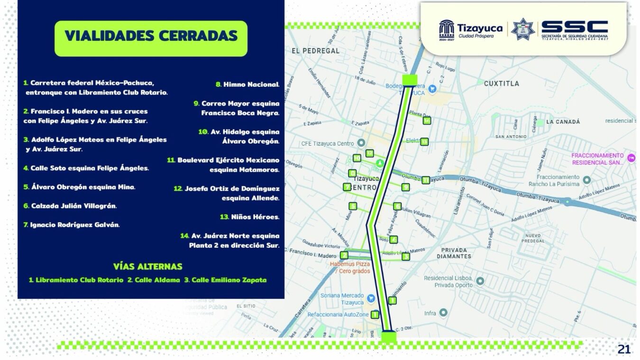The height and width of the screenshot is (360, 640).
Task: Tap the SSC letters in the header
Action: click(x=574, y=27)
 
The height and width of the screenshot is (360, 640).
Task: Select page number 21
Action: click(x=624, y=350)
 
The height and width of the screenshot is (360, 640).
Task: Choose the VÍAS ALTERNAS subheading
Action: click(x=147, y=267)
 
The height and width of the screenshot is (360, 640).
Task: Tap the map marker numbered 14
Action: click(x=427, y=120)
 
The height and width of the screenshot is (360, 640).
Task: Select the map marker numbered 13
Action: click(x=424, y=141)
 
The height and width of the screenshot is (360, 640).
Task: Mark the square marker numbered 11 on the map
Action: click(x=426, y=180)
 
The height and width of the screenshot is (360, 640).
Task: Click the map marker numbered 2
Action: click(x=345, y=255)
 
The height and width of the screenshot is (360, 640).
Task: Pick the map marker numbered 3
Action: click(x=405, y=257)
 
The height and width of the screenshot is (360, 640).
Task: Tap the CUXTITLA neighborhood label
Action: click(x=501, y=83)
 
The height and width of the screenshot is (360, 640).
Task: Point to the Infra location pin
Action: click(x=443, y=313)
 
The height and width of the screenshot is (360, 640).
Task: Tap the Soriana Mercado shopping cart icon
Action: click(x=371, y=298)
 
